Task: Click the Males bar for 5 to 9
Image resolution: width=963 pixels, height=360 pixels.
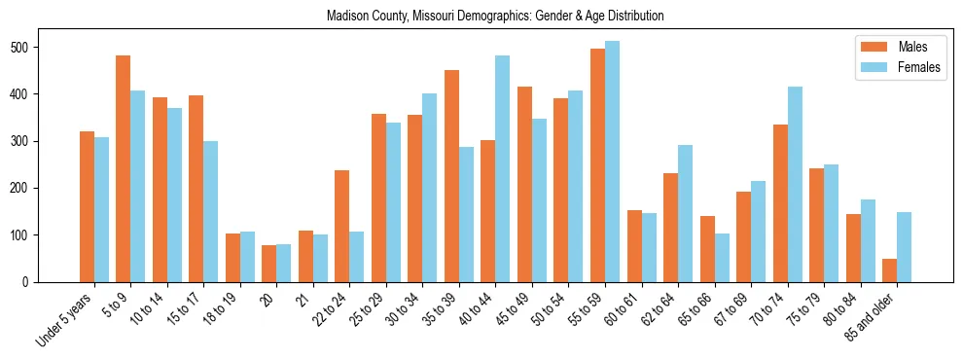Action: pyautogui.click(x=124, y=168)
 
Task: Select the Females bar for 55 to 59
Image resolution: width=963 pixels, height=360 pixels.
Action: pyautogui.click(x=612, y=162)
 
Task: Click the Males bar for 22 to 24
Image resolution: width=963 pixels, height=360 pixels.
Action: pyautogui.click(x=341, y=226)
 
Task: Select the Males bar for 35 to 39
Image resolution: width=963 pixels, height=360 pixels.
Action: pyautogui.click(x=451, y=176)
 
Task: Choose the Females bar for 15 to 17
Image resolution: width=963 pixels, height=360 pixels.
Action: pyautogui.click(x=211, y=211)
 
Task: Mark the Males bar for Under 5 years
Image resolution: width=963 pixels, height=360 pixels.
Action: pyautogui.click(x=87, y=206)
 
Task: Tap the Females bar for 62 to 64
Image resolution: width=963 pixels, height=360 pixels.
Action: pyautogui.click(x=685, y=213)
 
